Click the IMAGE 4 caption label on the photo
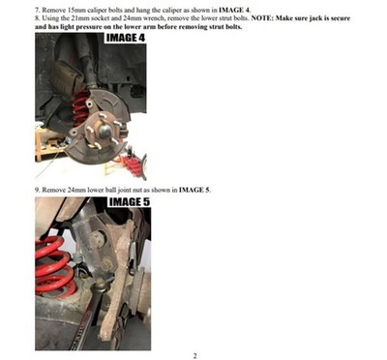(x=126, y=38)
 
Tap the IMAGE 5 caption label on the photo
(x=130, y=202)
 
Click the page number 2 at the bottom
(x=194, y=356)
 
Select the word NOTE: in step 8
(x=262, y=18)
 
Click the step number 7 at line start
(x=37, y=10)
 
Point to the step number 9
(x=37, y=190)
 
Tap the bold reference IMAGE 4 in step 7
(x=234, y=10)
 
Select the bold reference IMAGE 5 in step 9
(x=193, y=190)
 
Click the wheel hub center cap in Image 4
(x=105, y=131)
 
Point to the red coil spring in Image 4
(x=80, y=107)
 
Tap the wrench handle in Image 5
(x=84, y=322)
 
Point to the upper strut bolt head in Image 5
(x=97, y=238)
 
